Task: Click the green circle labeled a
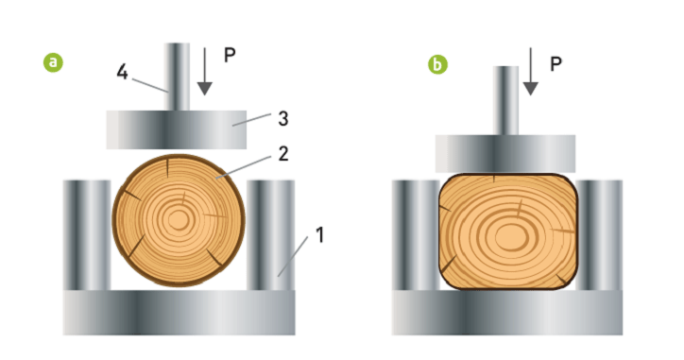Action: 53,62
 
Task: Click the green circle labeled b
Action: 437,64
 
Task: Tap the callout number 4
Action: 122,72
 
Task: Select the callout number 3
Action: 283,119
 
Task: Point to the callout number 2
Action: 283,154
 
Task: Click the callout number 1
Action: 319,234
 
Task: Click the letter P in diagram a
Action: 230,55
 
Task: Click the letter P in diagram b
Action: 556,64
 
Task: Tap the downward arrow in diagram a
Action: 204,72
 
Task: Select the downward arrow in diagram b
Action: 530,72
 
